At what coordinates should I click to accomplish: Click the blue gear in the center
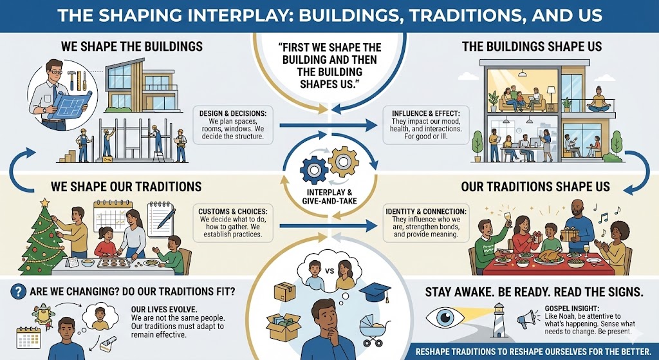(x=313, y=170)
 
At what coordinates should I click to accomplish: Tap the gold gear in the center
(x=342, y=161)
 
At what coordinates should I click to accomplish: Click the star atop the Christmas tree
(x=44, y=204)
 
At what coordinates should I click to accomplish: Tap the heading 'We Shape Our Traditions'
(x=125, y=186)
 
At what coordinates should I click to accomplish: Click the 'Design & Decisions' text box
(x=233, y=126)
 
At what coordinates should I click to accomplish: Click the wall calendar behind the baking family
(x=109, y=216)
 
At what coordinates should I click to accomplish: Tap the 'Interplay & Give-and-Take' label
(x=329, y=196)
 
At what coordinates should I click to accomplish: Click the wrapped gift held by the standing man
(x=570, y=234)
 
